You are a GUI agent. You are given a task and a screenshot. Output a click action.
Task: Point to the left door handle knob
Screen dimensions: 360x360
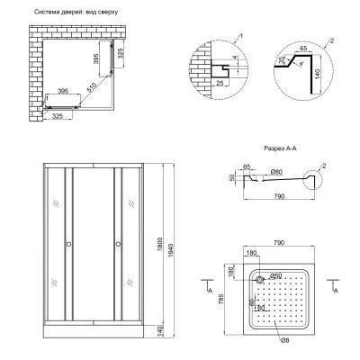tap(68, 244)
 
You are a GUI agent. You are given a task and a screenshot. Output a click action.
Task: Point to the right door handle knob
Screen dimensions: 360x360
tap(117, 244)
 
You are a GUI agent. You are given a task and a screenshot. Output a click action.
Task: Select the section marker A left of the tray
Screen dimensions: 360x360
tap(210, 293)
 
